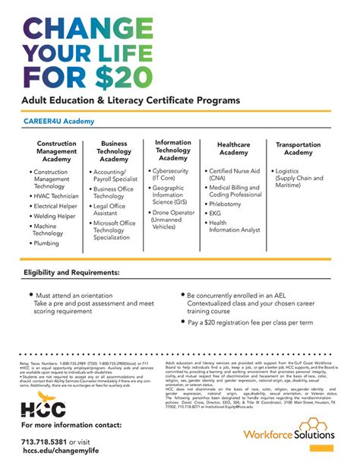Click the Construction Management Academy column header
tap(56, 151)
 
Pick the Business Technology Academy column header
tap(114, 151)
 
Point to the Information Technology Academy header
tap(173, 150)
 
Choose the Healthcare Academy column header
tap(233, 147)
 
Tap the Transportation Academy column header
tap(298, 147)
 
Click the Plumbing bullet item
tap(46, 244)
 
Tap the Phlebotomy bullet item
tap(225, 204)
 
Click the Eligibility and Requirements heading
tap(71, 272)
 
